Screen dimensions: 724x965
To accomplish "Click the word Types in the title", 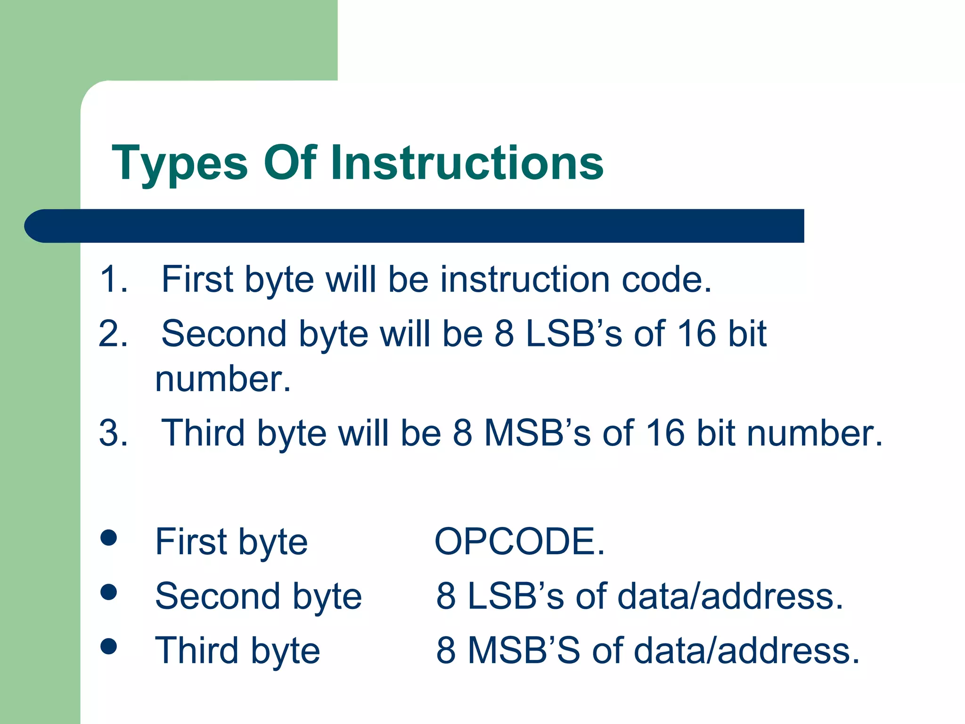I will tap(180, 164).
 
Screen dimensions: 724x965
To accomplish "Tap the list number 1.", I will tap(113, 279).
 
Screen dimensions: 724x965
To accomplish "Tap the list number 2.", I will tap(113, 334).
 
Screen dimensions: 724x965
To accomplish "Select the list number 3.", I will tap(113, 433).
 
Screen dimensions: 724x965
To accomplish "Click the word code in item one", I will tap(665, 279).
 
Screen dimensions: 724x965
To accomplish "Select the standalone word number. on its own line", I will tap(223, 379).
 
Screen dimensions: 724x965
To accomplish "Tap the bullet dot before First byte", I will tap(109, 538).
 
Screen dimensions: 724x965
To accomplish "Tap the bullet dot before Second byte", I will tap(109, 592).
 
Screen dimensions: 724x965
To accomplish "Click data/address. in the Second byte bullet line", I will tap(730, 596).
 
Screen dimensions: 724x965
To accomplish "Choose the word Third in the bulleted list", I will tap(196, 650).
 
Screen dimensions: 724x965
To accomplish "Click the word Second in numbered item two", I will tap(224, 334).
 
